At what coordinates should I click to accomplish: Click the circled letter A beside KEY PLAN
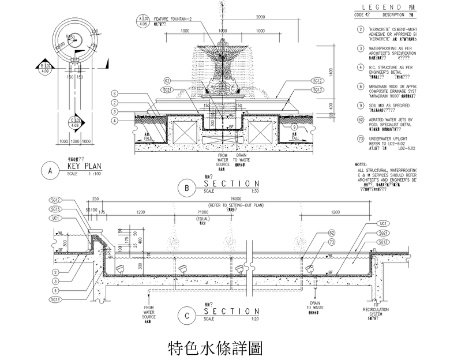coord(51,170)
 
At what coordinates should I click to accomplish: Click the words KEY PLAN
coord(84,166)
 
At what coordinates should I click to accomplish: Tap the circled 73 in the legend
coord(360,139)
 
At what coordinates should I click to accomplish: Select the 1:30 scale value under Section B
coord(255,191)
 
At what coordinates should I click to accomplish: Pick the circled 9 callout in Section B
coord(294,127)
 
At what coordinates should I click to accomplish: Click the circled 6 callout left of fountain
coord(115,93)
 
